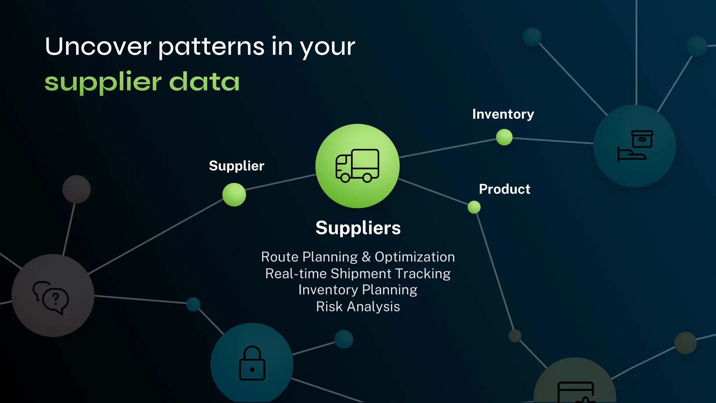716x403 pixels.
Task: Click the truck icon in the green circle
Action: pos(357,166)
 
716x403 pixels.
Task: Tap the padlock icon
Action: pos(252,363)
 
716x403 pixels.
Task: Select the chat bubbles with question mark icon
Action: pos(51,297)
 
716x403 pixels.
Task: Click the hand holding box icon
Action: pos(635,146)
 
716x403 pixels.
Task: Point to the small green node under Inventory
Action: pos(504,137)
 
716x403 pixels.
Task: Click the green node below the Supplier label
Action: pos(234,195)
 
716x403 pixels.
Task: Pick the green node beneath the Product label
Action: pos(474,207)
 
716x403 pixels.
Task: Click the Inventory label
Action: pos(503,114)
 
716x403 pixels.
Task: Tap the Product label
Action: pos(504,189)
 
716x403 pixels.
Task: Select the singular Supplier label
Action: pos(236,166)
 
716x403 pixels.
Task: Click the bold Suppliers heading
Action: pos(358,228)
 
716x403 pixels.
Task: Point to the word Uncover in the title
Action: pos(98,47)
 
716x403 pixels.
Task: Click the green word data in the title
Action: pos(204,82)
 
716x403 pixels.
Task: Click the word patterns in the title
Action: pos(211,47)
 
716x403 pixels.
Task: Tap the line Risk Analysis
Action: pos(358,307)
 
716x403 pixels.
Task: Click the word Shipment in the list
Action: pos(361,274)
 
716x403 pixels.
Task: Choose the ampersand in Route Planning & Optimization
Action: pos(366,257)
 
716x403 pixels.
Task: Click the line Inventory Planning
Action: pos(358,290)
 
